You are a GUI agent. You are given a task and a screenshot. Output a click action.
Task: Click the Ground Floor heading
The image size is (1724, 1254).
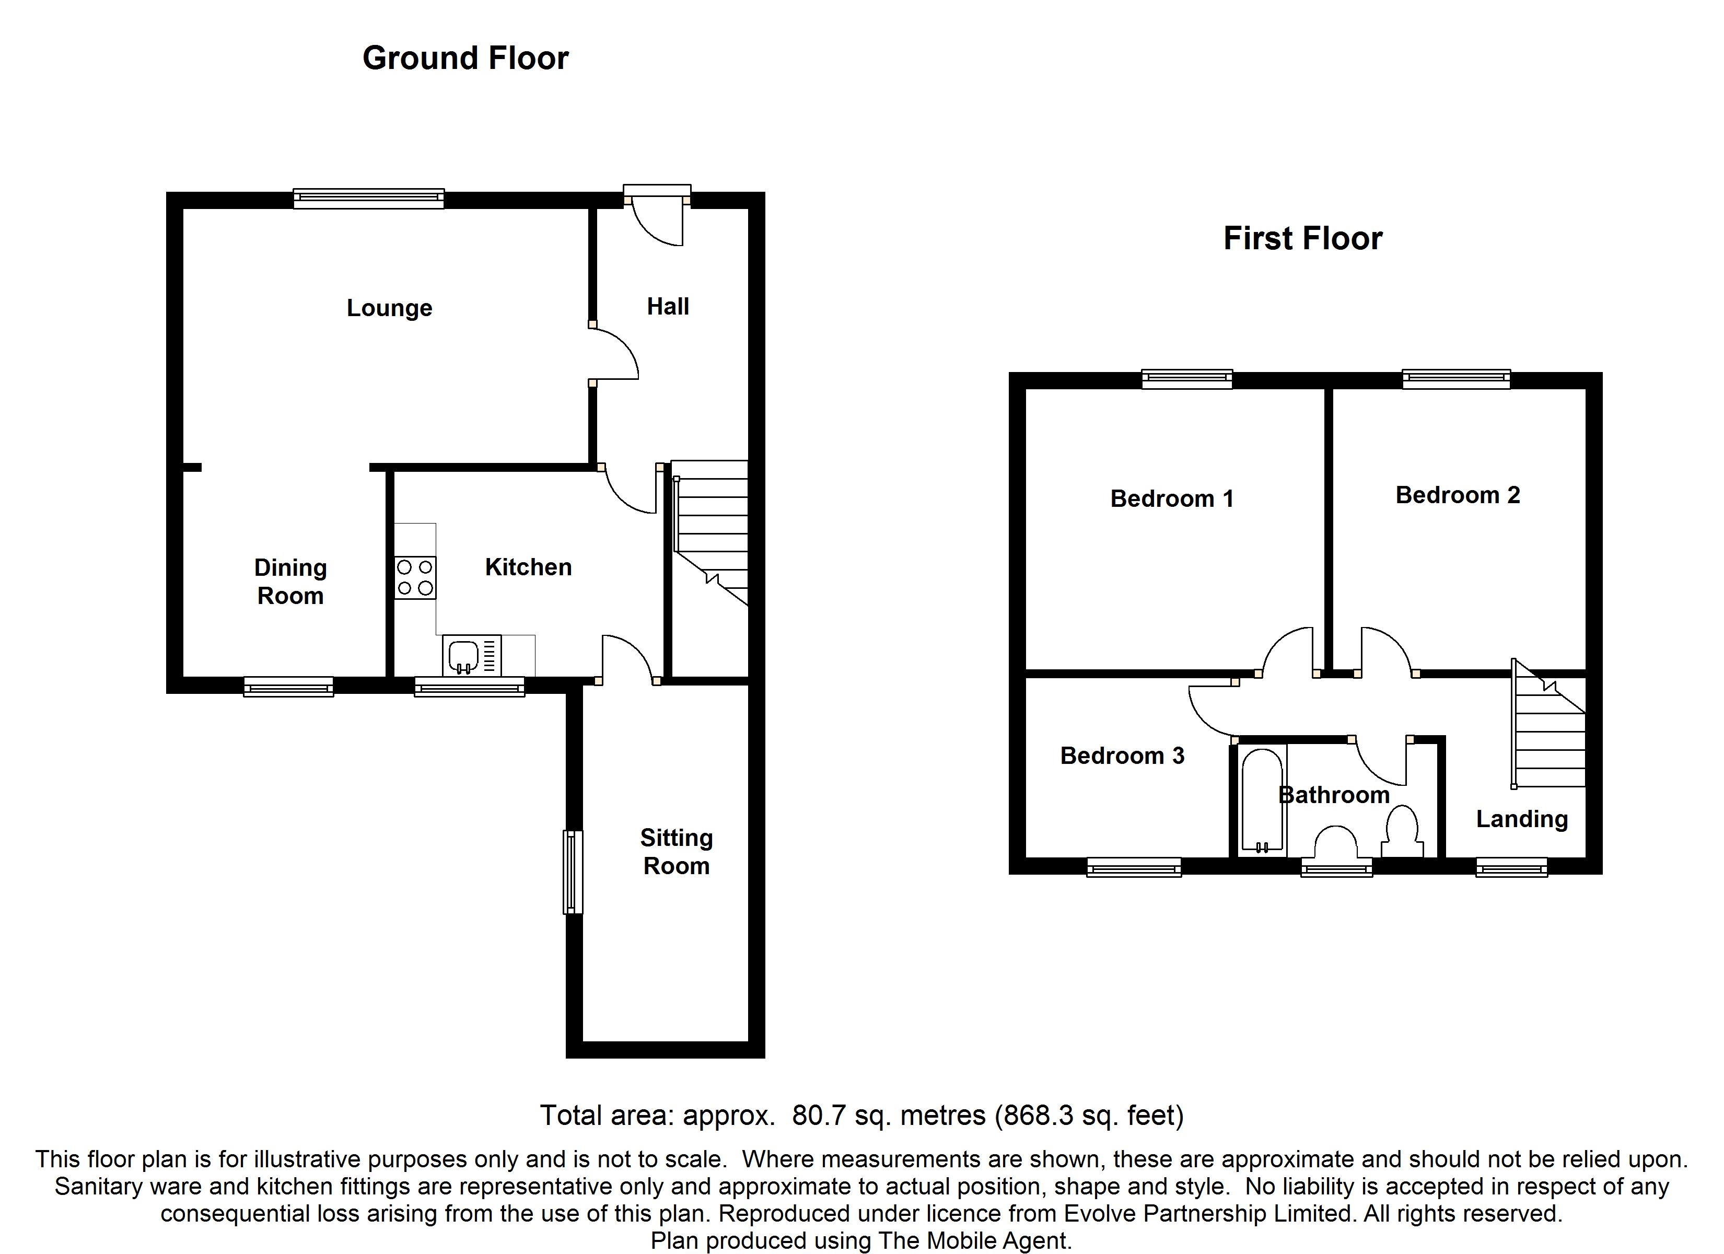[x=465, y=59]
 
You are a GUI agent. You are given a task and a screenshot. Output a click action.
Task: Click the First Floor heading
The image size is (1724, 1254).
[x=1302, y=239]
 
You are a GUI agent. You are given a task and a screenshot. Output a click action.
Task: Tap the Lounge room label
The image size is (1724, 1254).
[x=389, y=308]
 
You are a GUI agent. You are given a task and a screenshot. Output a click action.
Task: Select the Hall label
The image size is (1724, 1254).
[x=668, y=307]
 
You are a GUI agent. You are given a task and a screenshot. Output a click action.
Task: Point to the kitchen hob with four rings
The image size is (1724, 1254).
[x=415, y=577]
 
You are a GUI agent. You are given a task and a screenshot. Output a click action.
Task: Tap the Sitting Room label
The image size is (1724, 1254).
[x=676, y=852]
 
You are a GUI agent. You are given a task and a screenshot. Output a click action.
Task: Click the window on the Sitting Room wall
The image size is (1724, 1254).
[x=573, y=872]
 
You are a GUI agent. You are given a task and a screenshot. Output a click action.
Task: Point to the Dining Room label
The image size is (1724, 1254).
[x=290, y=581]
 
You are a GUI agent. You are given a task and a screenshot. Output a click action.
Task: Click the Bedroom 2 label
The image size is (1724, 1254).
[x=1457, y=495]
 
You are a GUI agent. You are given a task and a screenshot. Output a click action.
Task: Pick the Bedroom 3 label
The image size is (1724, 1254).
[x=1122, y=755]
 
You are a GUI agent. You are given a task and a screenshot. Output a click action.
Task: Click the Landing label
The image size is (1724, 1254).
[x=1522, y=819]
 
